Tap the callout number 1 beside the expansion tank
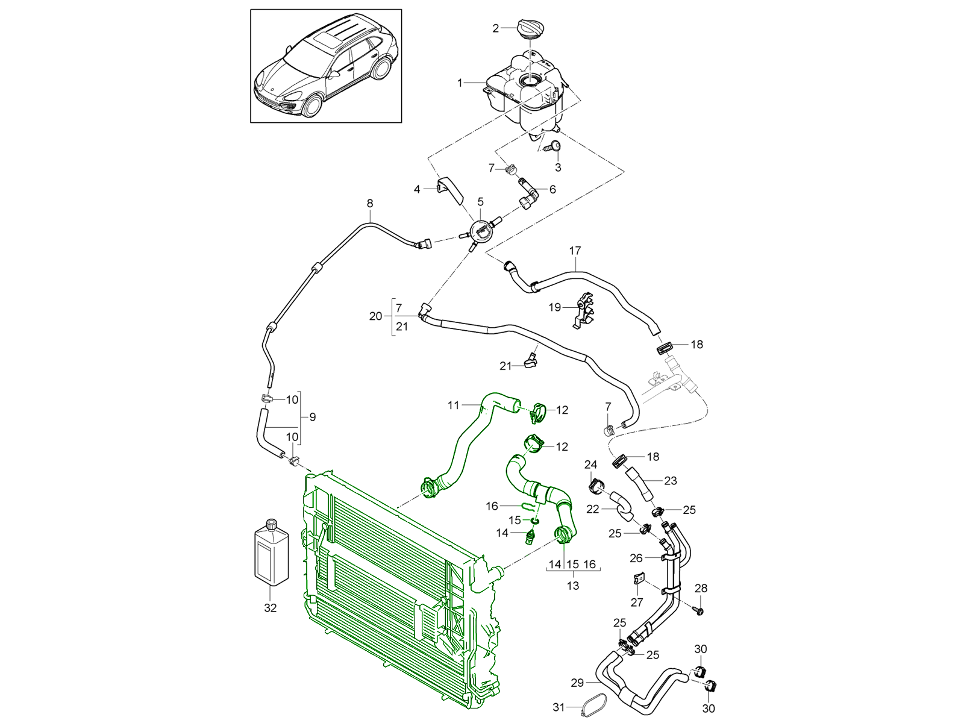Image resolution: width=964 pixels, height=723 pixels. click(460, 83)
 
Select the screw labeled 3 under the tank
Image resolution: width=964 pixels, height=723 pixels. click(554, 146)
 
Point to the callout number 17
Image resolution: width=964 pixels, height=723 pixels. click(575, 250)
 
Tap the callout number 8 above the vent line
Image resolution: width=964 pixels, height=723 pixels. click(370, 204)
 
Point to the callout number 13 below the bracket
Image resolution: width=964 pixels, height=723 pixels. click(572, 585)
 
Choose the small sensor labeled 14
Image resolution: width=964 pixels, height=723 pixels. click(530, 535)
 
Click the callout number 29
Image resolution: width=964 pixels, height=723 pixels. click(577, 683)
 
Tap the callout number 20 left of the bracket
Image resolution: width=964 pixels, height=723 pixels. click(375, 316)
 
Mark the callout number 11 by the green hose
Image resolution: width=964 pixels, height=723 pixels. click(453, 405)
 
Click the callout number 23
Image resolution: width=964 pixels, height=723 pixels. click(670, 480)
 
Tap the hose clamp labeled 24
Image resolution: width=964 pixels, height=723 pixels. click(596, 484)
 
